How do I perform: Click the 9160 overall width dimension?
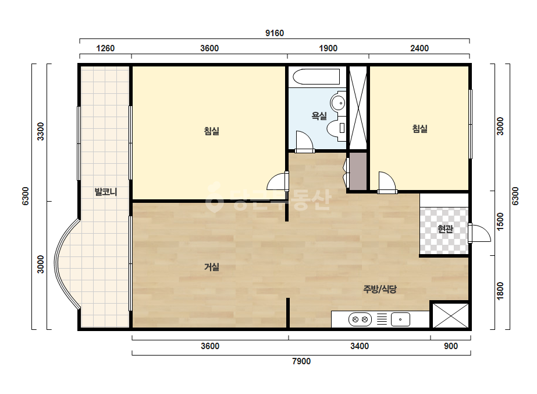pyautogui.click(x=275, y=33)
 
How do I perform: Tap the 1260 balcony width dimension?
pyautogui.click(x=105, y=48)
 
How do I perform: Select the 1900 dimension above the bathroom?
pyautogui.click(x=328, y=48)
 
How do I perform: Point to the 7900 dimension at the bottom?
pyautogui.click(x=301, y=361)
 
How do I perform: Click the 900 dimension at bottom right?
pyautogui.click(x=451, y=346)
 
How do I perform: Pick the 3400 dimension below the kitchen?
pyautogui.click(x=360, y=346)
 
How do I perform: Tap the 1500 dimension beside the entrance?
pyautogui.click(x=500, y=221)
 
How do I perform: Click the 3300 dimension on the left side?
pyautogui.click(x=40, y=132)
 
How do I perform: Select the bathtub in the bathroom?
pyautogui.click(x=316, y=76)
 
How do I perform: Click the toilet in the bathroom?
pyautogui.click(x=336, y=128)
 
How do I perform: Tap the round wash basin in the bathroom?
pyautogui.click(x=338, y=102)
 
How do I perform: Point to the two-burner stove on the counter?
pyautogui.click(x=360, y=319)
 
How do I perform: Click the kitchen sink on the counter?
pyautogui.click(x=400, y=319)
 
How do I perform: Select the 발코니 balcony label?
pyautogui.click(x=106, y=192)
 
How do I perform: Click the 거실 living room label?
pyautogui.click(x=212, y=267)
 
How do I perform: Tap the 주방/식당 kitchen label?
pyautogui.click(x=380, y=289)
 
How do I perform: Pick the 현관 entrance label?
pyautogui.click(x=445, y=229)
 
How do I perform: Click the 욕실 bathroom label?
pyautogui.click(x=319, y=116)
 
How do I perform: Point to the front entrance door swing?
pyautogui.click(x=479, y=233)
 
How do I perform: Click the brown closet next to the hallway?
pyautogui.click(x=358, y=171)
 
